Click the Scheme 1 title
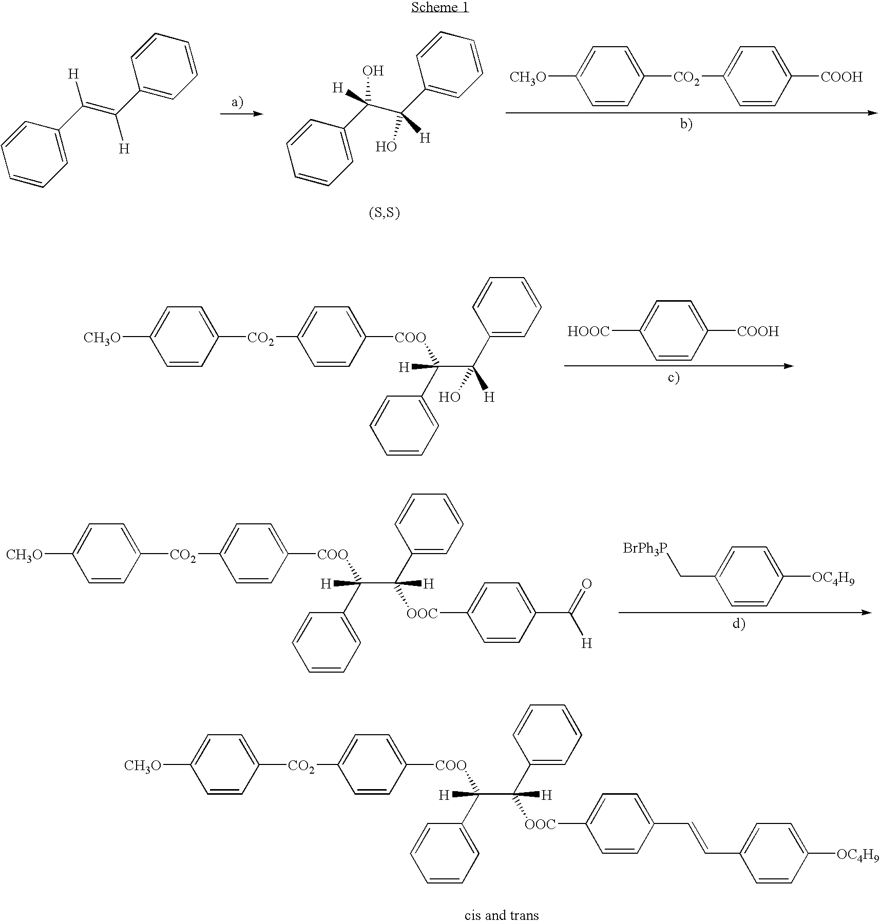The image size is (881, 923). click(440, 8)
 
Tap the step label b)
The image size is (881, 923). click(686, 125)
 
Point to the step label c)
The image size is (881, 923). click(673, 378)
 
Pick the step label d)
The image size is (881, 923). click(738, 624)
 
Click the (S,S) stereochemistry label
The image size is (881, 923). click(385, 213)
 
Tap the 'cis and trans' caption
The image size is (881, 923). click(501, 915)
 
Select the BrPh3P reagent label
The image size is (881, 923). click(645, 548)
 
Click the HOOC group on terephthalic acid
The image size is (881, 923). click(588, 331)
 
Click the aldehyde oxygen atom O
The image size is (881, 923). click(586, 583)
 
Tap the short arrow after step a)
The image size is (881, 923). click(241, 114)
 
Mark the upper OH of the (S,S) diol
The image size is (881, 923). click(373, 71)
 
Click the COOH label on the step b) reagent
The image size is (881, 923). click(841, 77)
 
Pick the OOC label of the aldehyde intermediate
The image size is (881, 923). click(422, 613)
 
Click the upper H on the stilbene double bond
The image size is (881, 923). click(74, 74)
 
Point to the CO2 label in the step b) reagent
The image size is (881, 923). click(686, 78)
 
